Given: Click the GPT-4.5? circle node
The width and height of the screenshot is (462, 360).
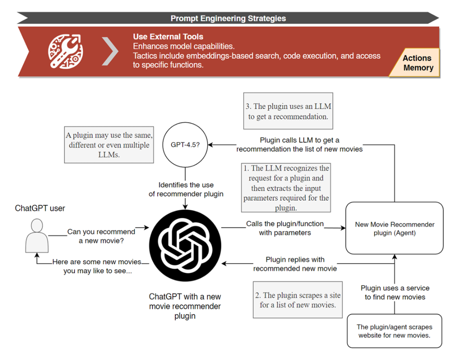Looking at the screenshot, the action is pyautogui.click(x=185, y=144).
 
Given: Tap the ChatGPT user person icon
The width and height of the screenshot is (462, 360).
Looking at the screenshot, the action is pyautogui.click(x=37, y=235).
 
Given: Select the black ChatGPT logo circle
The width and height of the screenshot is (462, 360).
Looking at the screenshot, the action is pyautogui.click(x=185, y=245).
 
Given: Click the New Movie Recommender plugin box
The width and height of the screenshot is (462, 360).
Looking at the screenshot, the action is pyautogui.click(x=394, y=228).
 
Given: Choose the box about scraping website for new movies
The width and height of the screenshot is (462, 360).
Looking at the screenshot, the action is pyautogui.click(x=394, y=331).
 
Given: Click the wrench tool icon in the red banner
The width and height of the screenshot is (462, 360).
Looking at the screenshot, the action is pyautogui.click(x=66, y=51).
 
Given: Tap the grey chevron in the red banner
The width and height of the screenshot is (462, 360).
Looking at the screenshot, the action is pyautogui.click(x=110, y=51).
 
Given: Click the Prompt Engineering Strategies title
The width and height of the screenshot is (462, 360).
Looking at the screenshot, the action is pyautogui.click(x=228, y=18).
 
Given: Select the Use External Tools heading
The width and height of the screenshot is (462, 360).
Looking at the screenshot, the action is pyautogui.click(x=168, y=37).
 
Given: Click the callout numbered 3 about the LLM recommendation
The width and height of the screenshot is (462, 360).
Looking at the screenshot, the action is pyautogui.click(x=288, y=111).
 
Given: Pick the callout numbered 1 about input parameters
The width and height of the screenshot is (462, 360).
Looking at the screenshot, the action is pyautogui.click(x=286, y=188).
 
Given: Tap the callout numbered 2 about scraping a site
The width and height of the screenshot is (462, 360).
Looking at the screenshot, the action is pyautogui.click(x=298, y=300).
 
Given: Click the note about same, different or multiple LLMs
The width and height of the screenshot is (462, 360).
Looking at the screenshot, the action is pyautogui.click(x=109, y=144).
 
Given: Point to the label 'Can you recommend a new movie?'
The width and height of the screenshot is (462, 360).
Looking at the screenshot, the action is pyautogui.click(x=101, y=236).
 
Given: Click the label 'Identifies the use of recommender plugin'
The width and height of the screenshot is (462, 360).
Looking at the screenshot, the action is pyautogui.click(x=186, y=189).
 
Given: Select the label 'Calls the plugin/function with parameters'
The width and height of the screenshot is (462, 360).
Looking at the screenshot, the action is pyautogui.click(x=285, y=228).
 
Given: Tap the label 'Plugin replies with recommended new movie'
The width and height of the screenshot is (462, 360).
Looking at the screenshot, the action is pyautogui.click(x=295, y=264).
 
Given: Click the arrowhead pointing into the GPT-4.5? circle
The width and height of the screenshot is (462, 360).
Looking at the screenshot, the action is pyautogui.click(x=210, y=144).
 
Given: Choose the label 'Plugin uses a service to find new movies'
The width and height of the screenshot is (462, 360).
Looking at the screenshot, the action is pyautogui.click(x=395, y=292).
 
